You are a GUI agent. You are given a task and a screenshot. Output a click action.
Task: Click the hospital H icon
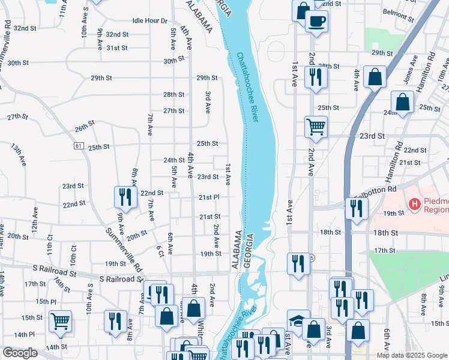click(x=414, y=204)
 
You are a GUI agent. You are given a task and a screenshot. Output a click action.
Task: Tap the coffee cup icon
click(x=316, y=21)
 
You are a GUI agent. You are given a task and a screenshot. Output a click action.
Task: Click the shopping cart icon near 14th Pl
click(x=60, y=321)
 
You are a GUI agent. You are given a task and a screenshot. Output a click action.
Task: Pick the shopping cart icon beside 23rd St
click(x=316, y=127)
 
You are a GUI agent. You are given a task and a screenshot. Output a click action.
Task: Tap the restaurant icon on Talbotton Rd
click(x=357, y=208)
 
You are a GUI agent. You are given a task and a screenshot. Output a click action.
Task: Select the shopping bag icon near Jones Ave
click(x=375, y=77)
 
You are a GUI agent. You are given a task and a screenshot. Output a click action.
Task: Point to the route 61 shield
click(x=79, y=146)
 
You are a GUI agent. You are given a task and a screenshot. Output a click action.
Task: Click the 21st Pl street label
click(x=209, y=197)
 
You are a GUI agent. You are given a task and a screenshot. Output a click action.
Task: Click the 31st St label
click(x=117, y=47)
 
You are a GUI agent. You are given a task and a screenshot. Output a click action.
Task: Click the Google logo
click(x=20, y=353)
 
